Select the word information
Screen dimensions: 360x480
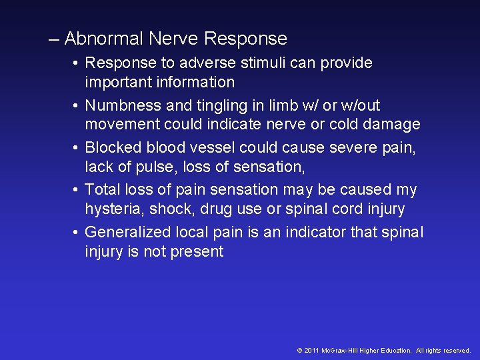(x=197, y=83)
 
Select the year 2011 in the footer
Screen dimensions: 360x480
(x=311, y=350)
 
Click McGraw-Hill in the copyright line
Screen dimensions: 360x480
(x=341, y=350)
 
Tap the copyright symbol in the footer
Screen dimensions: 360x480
(x=299, y=350)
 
